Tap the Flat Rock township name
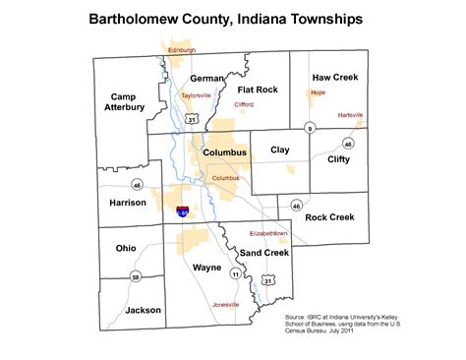[x=259, y=90]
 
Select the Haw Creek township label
[x=335, y=76]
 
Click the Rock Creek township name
[x=329, y=216]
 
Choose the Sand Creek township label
[x=264, y=253]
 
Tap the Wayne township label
[x=206, y=267]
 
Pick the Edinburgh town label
[x=182, y=49]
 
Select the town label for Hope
[x=318, y=92]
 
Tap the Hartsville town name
[x=350, y=115]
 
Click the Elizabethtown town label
[x=268, y=233]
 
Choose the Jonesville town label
[x=226, y=304]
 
